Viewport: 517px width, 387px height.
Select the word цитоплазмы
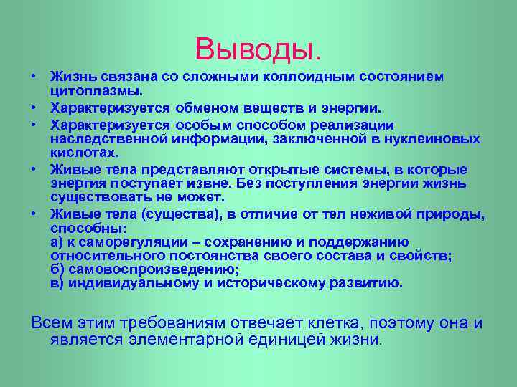click(x=97, y=92)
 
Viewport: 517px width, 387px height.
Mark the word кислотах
click(x=85, y=153)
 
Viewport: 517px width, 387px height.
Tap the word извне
click(x=205, y=183)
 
